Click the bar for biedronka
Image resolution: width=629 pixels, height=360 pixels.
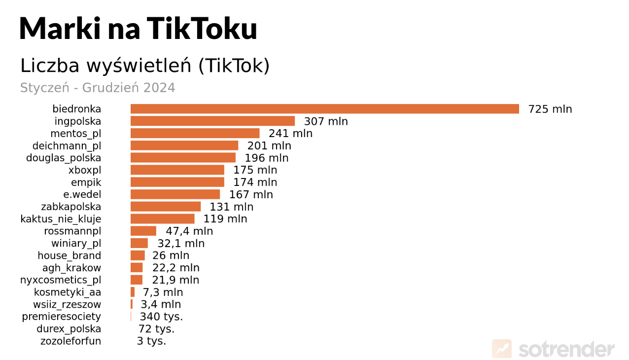click(x=324, y=109)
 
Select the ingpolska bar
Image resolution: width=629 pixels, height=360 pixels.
click(x=212, y=121)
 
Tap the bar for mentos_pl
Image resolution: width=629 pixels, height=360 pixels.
click(x=195, y=134)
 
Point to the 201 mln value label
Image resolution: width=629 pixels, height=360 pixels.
click(x=269, y=146)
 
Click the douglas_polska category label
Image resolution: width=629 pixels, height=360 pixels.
click(x=64, y=158)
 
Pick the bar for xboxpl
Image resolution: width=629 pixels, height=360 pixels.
click(x=177, y=170)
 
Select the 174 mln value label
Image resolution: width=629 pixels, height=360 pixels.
click(x=255, y=182)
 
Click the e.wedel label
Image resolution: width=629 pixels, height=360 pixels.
click(x=82, y=195)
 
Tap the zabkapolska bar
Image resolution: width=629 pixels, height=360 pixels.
click(x=166, y=207)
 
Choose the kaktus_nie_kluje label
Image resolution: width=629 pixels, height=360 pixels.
click(x=61, y=219)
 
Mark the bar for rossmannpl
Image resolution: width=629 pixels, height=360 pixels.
click(x=143, y=231)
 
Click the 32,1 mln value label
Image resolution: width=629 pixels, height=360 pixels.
click(x=181, y=244)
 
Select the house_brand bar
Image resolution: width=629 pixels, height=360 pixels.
click(x=138, y=255)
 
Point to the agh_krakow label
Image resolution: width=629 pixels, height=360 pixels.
click(x=71, y=268)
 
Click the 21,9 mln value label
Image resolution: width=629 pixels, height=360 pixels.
click(x=175, y=280)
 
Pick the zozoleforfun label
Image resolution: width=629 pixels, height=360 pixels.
click(x=70, y=341)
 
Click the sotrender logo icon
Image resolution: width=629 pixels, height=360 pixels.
click(x=502, y=349)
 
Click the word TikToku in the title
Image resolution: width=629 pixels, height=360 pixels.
click(x=202, y=28)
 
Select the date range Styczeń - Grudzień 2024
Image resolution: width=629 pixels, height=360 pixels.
click(x=98, y=88)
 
